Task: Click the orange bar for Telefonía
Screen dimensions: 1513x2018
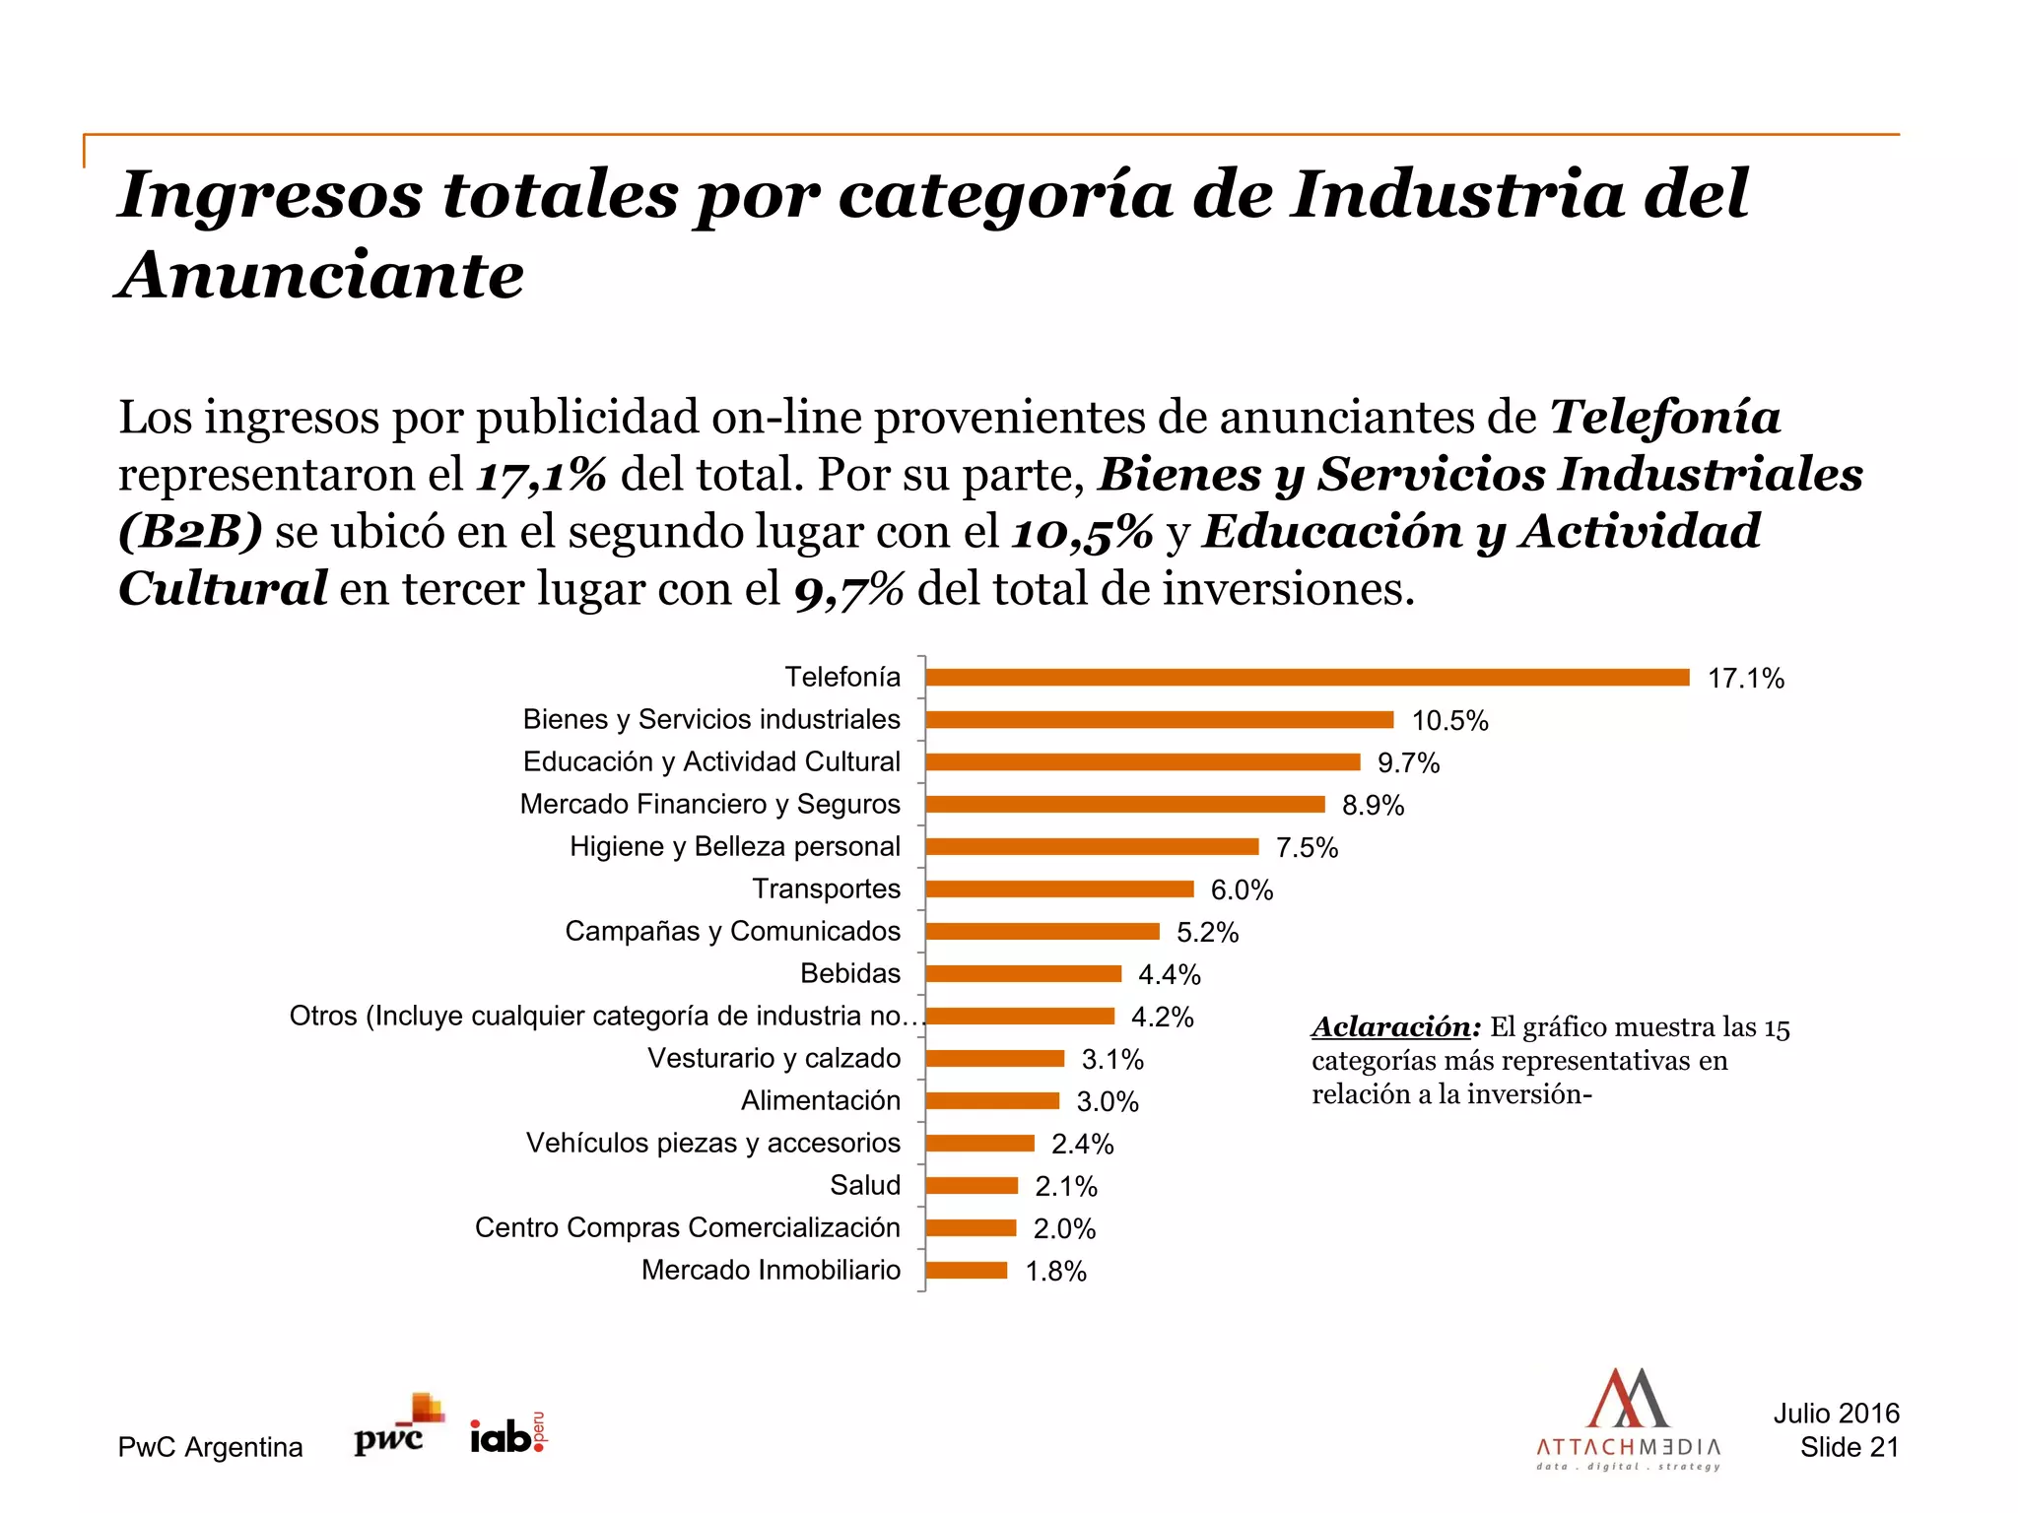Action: pyautogui.click(x=1307, y=677)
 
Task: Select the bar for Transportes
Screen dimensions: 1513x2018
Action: pyautogui.click(x=1059, y=888)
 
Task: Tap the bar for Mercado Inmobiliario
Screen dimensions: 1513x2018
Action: pyautogui.click(x=966, y=1270)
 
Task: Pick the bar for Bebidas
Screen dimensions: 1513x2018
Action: pyautogui.click(x=1023, y=973)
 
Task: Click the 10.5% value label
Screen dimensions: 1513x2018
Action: pyautogui.click(x=1449, y=720)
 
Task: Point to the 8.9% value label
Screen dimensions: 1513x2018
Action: pyautogui.click(x=1373, y=805)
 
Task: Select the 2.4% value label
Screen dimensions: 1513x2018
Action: pyautogui.click(x=1082, y=1144)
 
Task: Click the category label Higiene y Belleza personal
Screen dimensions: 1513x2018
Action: pyautogui.click(x=734, y=846)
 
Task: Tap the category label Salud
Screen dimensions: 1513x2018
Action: pyautogui.click(x=864, y=1185)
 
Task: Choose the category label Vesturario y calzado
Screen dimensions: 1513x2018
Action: pyautogui.click(x=774, y=1058)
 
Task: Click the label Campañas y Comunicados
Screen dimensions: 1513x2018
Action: pyautogui.click(x=732, y=931)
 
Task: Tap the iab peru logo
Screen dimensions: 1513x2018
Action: pyautogui.click(x=507, y=1433)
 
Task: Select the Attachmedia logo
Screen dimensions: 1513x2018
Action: pyautogui.click(x=1628, y=1418)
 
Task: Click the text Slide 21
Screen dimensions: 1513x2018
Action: pyautogui.click(x=1849, y=1447)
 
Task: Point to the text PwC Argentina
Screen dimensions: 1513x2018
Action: pyautogui.click(x=210, y=1447)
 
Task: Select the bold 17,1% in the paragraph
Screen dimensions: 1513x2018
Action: pyautogui.click(x=541, y=475)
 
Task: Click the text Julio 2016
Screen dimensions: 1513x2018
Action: pyautogui.click(x=1836, y=1414)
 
